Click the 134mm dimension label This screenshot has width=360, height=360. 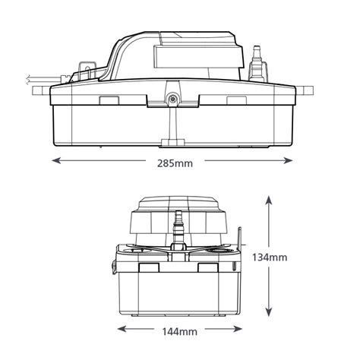(272, 257)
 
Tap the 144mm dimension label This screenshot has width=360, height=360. (175, 330)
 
